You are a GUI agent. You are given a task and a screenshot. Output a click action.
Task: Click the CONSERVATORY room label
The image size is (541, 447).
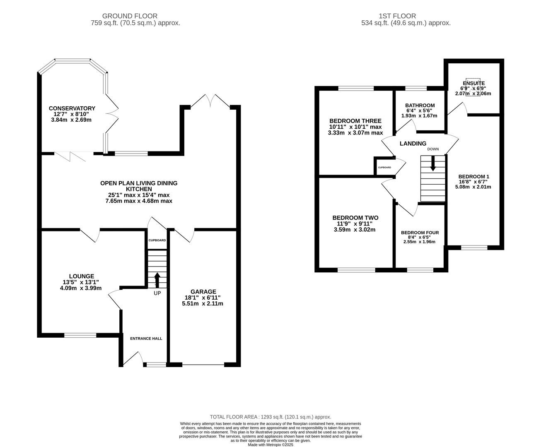[72, 108]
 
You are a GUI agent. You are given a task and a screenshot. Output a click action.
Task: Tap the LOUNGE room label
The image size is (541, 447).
[82, 276]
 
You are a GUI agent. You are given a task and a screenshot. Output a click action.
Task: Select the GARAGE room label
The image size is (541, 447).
[203, 292]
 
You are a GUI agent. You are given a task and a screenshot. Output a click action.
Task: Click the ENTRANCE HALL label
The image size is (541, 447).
[146, 339]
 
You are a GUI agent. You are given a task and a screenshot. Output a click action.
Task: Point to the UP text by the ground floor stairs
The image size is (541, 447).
[157, 293]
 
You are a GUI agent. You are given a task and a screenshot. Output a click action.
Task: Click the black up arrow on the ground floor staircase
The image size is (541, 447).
[157, 279]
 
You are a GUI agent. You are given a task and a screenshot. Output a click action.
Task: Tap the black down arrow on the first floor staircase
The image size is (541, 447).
[433, 163]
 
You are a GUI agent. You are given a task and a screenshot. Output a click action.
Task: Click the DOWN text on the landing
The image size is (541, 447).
[433, 149]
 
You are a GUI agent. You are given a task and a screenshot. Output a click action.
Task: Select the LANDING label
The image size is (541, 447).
[413, 143]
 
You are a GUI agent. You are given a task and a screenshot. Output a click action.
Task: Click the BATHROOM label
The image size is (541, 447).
[420, 106]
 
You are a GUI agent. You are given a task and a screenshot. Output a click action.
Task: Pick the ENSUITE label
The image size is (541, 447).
[473, 83]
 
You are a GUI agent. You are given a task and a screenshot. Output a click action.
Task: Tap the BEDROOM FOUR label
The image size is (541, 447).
[420, 233]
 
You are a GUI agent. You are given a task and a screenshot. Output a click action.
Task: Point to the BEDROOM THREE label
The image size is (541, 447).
[355, 121]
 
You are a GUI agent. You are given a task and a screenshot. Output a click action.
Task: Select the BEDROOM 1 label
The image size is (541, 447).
[473, 177]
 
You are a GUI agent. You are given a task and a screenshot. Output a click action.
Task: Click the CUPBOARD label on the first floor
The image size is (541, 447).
[384, 168]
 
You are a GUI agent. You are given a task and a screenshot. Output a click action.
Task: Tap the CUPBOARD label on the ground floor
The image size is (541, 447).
[157, 240]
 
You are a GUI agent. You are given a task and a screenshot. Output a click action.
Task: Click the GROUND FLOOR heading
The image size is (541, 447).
[130, 16]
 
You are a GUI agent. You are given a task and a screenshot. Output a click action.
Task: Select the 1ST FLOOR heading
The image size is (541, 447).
[397, 16]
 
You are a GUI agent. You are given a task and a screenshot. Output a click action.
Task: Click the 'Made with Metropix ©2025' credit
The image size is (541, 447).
[270, 445]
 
